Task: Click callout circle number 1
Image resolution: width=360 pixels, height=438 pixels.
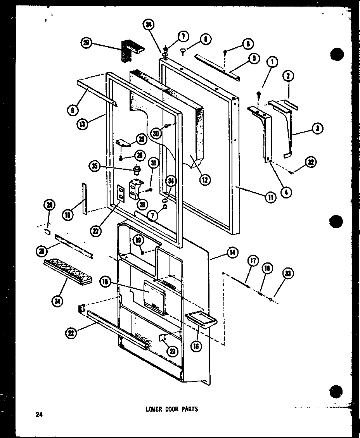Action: [x=272, y=62]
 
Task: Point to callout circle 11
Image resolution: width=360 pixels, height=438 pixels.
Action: [x=270, y=197]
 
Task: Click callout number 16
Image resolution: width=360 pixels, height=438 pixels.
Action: [x=197, y=346]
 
